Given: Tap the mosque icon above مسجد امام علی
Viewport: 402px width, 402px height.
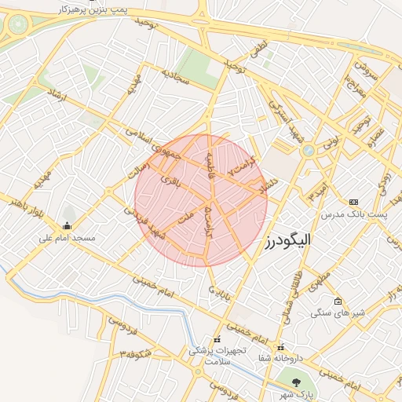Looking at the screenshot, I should coord(66,227).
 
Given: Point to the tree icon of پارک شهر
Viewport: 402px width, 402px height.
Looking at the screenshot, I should coord(297,382).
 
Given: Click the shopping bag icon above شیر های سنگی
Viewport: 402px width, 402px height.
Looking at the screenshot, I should coord(338,301).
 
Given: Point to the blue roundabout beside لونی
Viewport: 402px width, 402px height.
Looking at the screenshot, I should coord(309,150).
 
